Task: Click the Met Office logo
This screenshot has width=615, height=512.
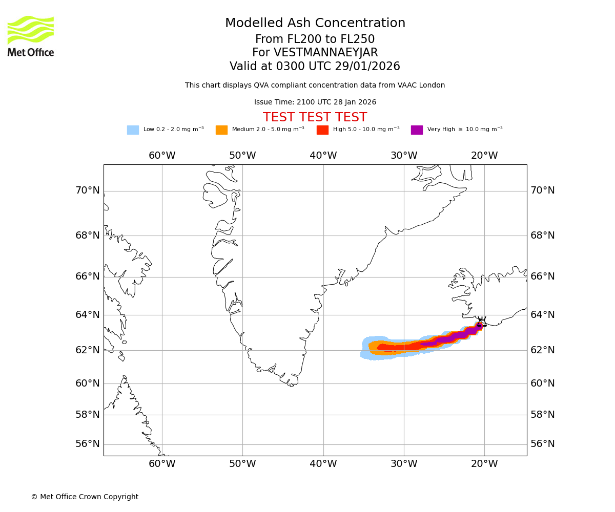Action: tap(31, 36)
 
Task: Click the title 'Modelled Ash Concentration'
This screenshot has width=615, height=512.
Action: tap(315, 23)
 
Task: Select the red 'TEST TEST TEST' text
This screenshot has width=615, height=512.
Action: tap(315, 117)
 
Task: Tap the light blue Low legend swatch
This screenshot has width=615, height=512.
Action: tap(133, 130)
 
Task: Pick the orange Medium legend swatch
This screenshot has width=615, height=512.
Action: tap(221, 130)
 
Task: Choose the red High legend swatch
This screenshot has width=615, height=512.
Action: tap(322, 130)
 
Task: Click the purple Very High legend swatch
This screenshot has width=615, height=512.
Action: tap(417, 130)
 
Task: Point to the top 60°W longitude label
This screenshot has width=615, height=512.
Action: tap(162, 156)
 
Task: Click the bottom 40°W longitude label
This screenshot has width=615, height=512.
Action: tap(323, 464)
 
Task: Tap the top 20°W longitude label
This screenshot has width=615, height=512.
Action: tap(484, 156)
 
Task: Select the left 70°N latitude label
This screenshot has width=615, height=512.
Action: tap(88, 190)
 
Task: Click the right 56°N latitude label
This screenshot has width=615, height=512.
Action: tap(543, 444)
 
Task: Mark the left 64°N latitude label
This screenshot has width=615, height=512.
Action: tap(88, 314)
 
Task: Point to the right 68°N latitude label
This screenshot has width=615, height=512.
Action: tap(543, 236)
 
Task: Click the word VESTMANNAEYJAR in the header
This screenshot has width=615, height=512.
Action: tap(325, 53)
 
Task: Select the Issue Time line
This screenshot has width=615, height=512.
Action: tap(315, 102)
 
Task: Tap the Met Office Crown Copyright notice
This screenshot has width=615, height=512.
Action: tap(85, 497)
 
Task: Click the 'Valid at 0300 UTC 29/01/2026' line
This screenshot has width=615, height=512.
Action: tap(315, 67)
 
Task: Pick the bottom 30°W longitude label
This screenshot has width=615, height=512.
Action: tap(404, 464)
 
